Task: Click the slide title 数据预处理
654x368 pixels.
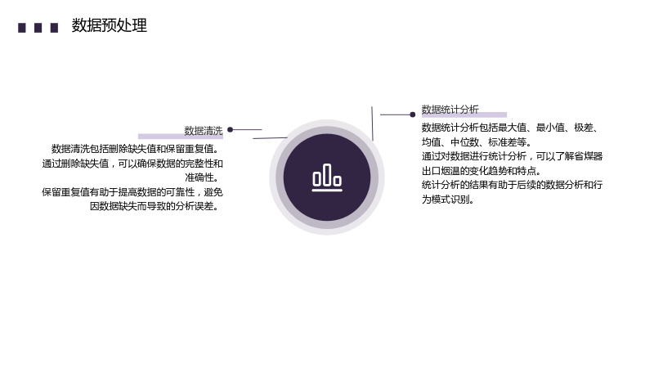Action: [109, 25]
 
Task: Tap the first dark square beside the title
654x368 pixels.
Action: [22, 28]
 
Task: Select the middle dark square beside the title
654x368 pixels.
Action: [38, 28]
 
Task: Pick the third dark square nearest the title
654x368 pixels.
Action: [54, 28]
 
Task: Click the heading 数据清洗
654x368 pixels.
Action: [204, 131]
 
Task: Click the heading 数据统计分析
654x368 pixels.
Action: [450, 110]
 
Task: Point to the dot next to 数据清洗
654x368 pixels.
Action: [231, 130]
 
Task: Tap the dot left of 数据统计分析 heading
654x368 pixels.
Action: [413, 114]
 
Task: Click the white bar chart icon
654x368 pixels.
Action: [327, 177]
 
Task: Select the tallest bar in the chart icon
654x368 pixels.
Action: [327, 174]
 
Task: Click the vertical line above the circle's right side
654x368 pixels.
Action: [372, 123]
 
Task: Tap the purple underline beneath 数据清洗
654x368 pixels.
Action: [181, 137]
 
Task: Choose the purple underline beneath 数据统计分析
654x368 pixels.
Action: [464, 114]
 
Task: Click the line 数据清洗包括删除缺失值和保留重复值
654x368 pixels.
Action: [135, 149]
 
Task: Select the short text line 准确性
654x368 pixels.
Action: [202, 177]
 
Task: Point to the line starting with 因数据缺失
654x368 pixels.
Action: [155, 206]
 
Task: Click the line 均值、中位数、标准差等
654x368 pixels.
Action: [477, 142]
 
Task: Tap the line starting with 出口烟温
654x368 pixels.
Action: [482, 171]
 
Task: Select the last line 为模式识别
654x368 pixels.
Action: [448, 200]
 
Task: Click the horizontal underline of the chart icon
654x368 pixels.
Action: [327, 191]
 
